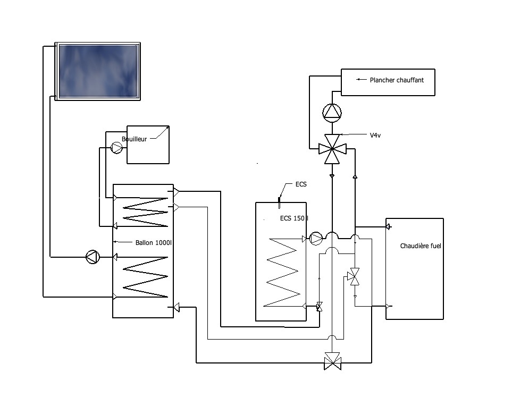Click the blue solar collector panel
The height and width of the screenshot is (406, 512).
click(x=97, y=71)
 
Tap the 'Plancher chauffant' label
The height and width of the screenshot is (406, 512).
click(x=397, y=80)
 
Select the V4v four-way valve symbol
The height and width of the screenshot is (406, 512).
click(x=332, y=149)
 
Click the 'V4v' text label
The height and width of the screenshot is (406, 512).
click(x=375, y=135)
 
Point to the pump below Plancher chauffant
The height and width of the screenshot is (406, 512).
click(x=332, y=113)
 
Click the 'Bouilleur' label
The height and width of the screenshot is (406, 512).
click(x=134, y=139)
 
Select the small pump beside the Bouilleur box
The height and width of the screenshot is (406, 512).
click(x=116, y=148)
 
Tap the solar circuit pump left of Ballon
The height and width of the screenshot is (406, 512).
click(x=93, y=257)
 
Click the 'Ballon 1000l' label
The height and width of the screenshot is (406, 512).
click(x=154, y=242)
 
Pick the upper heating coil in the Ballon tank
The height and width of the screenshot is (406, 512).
click(x=145, y=212)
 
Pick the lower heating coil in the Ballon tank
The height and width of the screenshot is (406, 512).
click(x=145, y=277)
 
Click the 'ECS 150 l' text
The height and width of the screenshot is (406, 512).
click(x=294, y=218)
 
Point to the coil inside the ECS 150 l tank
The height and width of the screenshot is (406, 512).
click(x=282, y=273)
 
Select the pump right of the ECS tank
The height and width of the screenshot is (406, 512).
click(x=316, y=239)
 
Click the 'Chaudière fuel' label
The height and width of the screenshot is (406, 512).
click(x=421, y=246)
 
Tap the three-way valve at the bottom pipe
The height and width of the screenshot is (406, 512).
click(x=332, y=361)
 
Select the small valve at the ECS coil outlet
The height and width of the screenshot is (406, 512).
click(x=319, y=307)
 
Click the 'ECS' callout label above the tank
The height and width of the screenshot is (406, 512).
click(x=301, y=184)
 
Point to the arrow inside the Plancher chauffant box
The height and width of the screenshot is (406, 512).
click(x=361, y=79)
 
